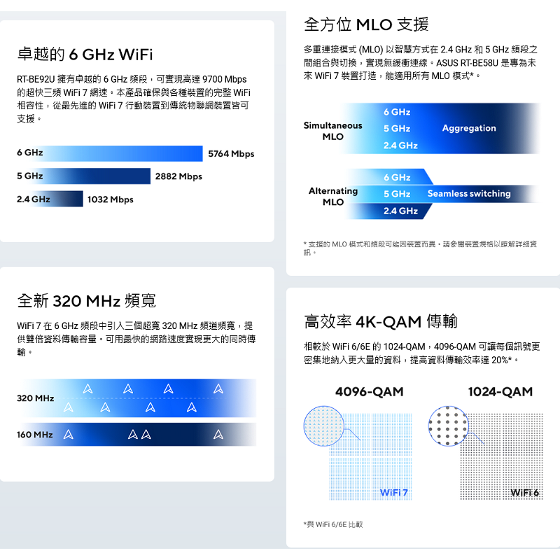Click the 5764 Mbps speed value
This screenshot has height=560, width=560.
[232, 153]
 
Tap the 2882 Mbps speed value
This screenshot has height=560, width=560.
[178, 176]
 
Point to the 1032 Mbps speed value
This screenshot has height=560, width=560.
[110, 200]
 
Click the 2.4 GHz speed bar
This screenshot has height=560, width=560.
[49, 199]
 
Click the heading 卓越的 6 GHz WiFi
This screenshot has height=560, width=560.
[85, 55]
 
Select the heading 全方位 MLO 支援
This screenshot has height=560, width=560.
[366, 25]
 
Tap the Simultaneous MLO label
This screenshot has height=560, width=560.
[332, 131]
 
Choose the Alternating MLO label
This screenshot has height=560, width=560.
[333, 196]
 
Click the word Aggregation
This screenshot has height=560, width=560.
[469, 128]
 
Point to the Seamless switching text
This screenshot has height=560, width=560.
[469, 193]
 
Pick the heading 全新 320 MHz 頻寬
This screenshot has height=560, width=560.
[86, 302]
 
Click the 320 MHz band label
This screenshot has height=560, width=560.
[36, 398]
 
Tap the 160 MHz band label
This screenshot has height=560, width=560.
[35, 435]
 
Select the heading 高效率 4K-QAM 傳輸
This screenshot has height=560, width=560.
[381, 322]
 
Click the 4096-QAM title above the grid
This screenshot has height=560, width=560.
[370, 392]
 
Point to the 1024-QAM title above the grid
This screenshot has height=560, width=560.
[500, 392]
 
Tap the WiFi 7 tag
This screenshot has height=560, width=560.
[394, 493]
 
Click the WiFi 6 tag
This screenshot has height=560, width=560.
[525, 493]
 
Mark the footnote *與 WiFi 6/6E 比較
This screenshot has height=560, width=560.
[333, 524]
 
